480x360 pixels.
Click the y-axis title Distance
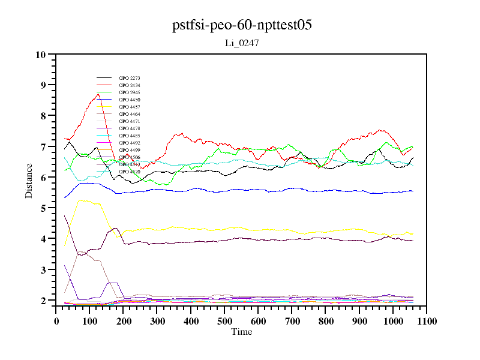[29, 181]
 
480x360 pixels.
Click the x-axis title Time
[242, 332]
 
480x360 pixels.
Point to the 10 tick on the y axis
[41, 55]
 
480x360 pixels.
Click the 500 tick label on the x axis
[224, 321]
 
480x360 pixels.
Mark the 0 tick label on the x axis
[56, 321]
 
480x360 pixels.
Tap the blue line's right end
[413, 191]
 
